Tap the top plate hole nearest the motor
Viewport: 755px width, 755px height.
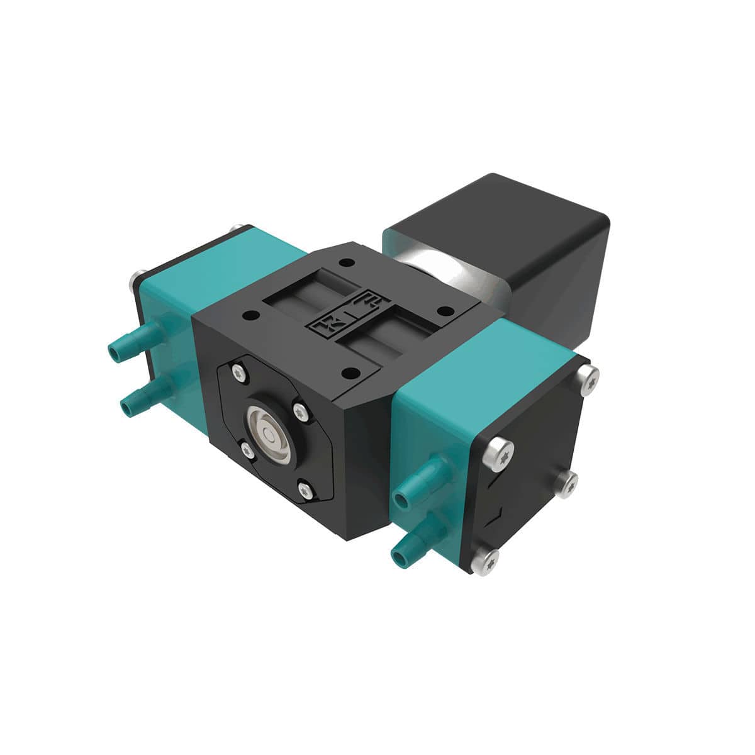pos(443,311)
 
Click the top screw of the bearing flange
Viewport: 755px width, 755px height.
pos(237,374)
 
